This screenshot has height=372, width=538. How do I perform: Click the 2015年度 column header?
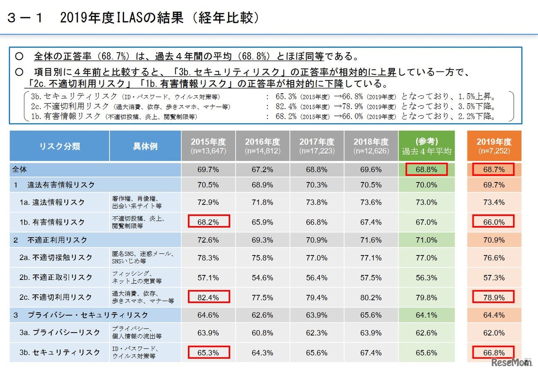point(208,146)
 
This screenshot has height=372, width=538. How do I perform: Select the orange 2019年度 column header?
point(494,146)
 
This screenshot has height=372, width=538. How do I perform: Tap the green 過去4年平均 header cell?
point(427,146)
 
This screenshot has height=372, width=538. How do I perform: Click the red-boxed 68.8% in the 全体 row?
point(426,170)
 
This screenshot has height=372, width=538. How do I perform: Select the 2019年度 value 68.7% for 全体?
point(494,170)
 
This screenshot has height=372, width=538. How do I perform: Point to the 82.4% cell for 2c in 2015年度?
point(208,297)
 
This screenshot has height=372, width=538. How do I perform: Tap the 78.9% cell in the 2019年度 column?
point(494,297)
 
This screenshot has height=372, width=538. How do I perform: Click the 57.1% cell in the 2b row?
point(208,277)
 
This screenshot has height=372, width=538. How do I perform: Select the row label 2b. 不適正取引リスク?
point(55,277)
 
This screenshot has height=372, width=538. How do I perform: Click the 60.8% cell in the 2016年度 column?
point(262,332)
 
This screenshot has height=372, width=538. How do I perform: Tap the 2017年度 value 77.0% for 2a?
point(316,258)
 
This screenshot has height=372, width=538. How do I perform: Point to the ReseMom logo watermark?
point(509,362)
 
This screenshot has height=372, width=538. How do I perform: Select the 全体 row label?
point(20,170)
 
